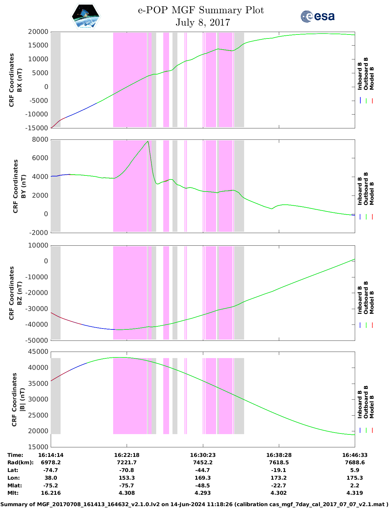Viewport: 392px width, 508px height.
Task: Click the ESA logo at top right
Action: (x=317, y=16)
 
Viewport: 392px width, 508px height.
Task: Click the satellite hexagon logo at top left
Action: (x=85, y=16)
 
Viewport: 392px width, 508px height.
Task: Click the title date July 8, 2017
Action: (x=203, y=22)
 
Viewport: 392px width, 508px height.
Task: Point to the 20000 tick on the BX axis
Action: (x=38, y=32)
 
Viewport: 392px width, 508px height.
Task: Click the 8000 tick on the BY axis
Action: (x=40, y=139)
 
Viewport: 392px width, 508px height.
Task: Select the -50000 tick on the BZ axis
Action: (x=37, y=341)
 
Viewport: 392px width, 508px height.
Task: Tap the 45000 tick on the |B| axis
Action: (x=38, y=352)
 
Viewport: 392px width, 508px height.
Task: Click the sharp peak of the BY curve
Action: (x=148, y=141)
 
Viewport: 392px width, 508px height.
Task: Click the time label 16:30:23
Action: (x=203, y=455)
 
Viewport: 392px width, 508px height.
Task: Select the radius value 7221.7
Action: (x=127, y=462)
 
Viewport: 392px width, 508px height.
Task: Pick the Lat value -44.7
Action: (x=202, y=470)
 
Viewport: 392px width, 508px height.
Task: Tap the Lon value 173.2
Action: (x=279, y=478)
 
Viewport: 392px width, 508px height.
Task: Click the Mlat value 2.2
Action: (x=354, y=486)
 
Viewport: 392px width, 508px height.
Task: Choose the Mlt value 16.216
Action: (x=51, y=493)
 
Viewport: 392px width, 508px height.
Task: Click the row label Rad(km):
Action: (x=21, y=462)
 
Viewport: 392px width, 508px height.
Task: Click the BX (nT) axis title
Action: (x=19, y=80)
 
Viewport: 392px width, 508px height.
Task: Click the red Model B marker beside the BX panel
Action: (x=372, y=101)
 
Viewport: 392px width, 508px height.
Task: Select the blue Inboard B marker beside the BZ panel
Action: (x=360, y=325)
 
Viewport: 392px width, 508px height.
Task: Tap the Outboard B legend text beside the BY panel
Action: (x=366, y=189)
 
